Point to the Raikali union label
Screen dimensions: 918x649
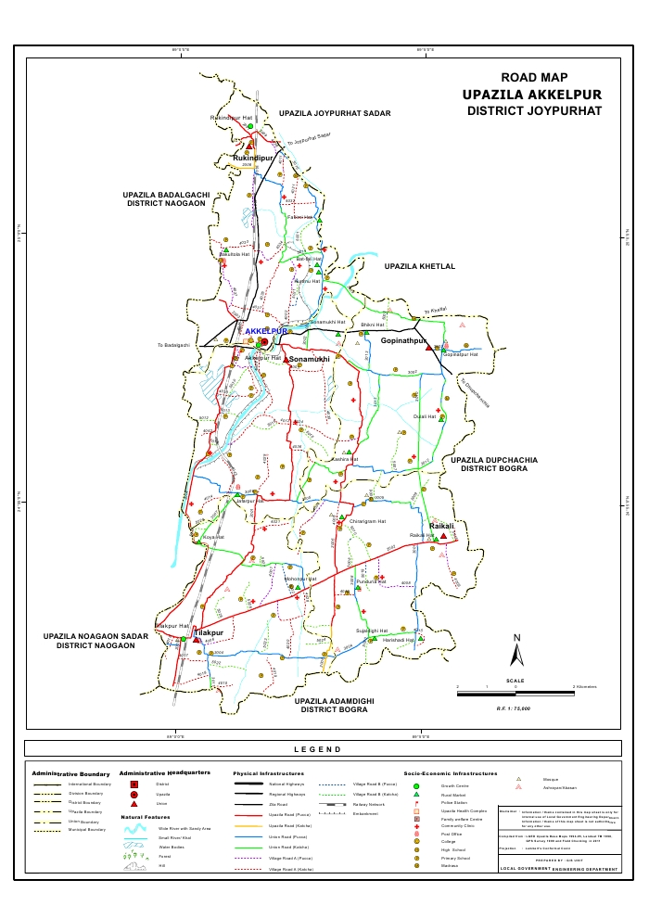tap(441, 526)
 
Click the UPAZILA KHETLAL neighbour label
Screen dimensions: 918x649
tap(420, 266)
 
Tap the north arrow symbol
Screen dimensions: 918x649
tap(517, 651)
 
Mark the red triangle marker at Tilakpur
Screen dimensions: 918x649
tap(197, 640)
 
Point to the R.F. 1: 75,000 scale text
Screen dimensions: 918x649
tap(513, 708)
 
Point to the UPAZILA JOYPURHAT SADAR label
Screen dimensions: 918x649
tap(335, 112)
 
